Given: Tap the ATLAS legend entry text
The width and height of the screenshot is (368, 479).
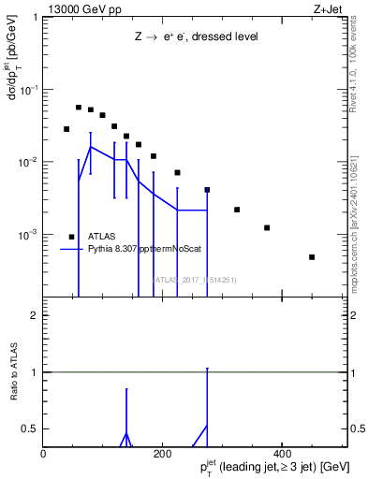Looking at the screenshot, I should pos(104,237).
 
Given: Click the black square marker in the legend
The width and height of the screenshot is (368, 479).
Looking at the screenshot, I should pos(72,237).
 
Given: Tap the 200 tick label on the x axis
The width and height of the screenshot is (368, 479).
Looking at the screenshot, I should pos(162,453).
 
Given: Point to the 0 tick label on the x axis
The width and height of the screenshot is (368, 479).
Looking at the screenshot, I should pos(43,453).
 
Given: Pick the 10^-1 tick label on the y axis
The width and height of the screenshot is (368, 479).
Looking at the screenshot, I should pos(29,90).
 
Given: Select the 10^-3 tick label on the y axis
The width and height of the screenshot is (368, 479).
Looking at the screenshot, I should pos(29,234).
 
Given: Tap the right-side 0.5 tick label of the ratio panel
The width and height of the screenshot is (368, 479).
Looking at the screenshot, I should pos(356,428).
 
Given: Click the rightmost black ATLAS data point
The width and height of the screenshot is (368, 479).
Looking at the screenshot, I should pos(312,257).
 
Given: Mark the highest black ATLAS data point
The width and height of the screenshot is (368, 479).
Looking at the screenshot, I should pos(79,108).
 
